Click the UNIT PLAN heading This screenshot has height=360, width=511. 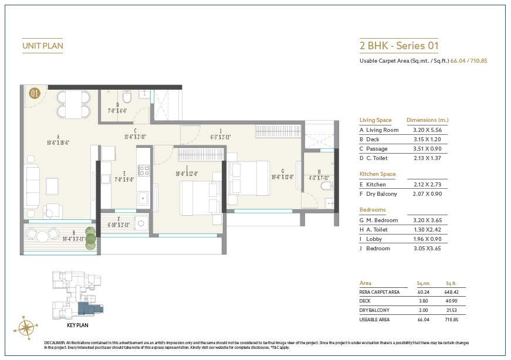(x=42, y=45)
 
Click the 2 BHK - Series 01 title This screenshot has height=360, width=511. (x=398, y=45)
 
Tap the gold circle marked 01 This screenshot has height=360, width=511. (x=35, y=92)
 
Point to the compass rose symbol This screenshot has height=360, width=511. (x=28, y=326)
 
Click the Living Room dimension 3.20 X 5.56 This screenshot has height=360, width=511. (x=427, y=130)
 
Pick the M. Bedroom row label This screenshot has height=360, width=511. (x=382, y=220)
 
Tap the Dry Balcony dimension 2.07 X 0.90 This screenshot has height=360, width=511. (x=427, y=193)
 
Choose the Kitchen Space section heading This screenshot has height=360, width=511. (x=377, y=174)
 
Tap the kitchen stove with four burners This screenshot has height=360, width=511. (x=143, y=171)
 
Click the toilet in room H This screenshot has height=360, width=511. (x=326, y=186)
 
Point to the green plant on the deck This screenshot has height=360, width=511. (x=90, y=236)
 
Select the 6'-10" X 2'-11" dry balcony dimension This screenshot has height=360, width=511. (x=117, y=225)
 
